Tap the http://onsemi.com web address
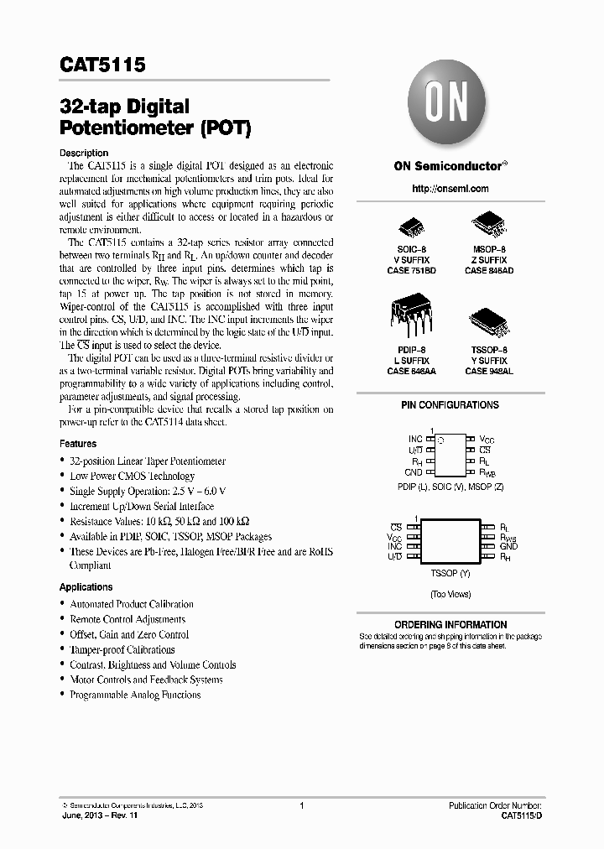450,189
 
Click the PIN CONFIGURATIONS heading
450,405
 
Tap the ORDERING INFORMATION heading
450,625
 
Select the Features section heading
78,444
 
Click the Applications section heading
86,587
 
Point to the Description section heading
84,153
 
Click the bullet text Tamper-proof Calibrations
122,649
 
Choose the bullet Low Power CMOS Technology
132,476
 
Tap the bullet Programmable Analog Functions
135,695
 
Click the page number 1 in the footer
301,805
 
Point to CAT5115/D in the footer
521,815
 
